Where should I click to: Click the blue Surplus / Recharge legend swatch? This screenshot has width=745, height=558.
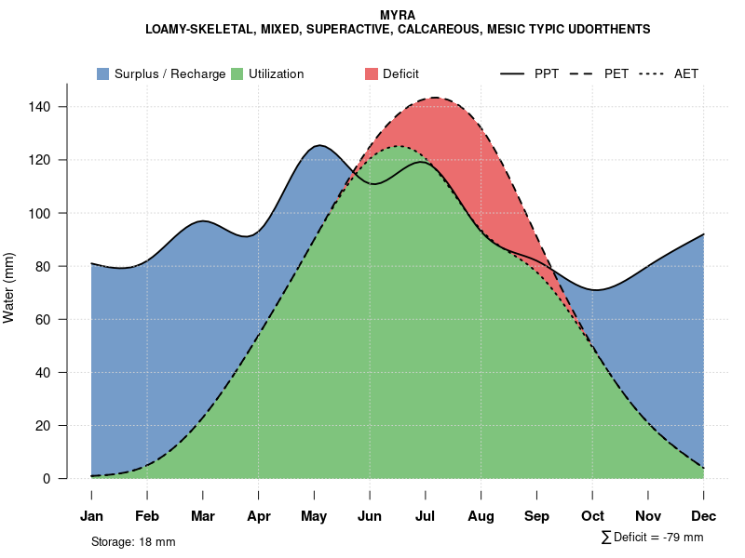coord(103,73)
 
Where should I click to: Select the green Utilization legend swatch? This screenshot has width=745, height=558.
coord(237,73)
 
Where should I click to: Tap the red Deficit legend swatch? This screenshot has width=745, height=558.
coord(372,73)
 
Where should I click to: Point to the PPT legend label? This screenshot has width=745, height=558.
coord(547,73)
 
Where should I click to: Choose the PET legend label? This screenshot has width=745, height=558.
coord(616,73)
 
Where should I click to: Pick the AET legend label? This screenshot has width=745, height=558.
coord(686,73)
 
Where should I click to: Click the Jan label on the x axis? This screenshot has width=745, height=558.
coord(91,516)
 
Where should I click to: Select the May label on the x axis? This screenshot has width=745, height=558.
coord(314,516)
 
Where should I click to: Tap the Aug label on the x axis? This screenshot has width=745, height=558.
coord(481,516)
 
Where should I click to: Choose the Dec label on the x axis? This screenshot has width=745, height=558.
coord(704,516)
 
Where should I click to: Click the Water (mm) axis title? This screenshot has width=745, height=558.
coord(9,287)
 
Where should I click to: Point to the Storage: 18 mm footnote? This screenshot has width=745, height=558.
coord(133,541)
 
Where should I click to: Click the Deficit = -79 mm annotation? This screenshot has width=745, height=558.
coord(658,538)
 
